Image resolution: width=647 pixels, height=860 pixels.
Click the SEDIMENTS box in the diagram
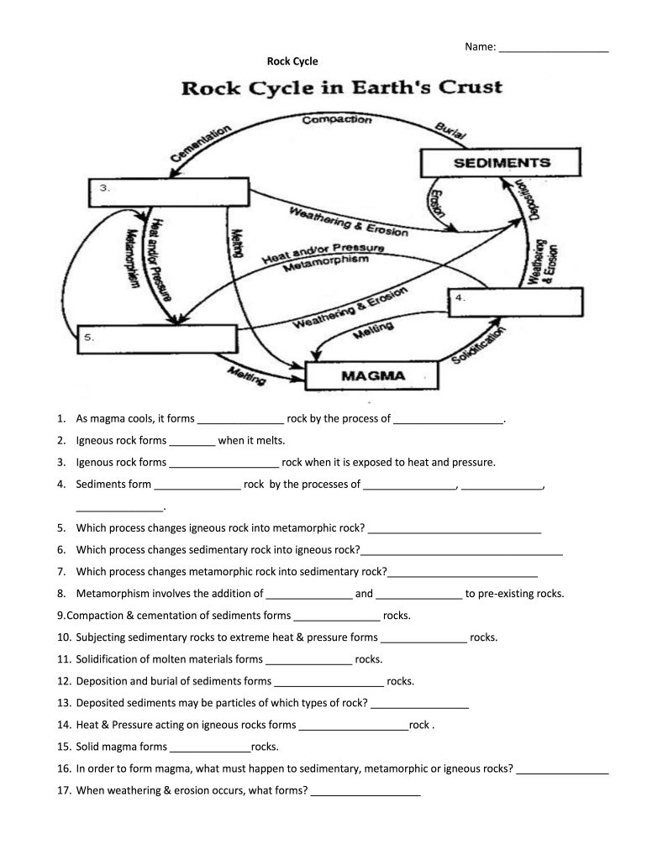(501, 163)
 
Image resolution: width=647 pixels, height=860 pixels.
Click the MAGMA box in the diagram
(372, 375)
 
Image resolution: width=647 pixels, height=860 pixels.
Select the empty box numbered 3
(169, 191)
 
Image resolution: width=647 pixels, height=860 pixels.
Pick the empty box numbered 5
(157, 338)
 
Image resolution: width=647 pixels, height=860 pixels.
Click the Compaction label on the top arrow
(336, 120)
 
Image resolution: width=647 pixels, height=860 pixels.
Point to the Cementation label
(201, 144)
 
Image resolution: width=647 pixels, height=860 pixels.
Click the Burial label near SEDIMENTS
(452, 130)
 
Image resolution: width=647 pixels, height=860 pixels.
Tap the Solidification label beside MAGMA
(480, 346)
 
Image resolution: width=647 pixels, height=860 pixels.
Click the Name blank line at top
(553, 47)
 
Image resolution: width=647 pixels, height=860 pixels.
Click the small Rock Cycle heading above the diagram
(292, 60)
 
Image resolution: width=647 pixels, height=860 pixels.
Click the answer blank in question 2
(192, 440)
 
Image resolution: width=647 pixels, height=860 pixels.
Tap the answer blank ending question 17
(365, 790)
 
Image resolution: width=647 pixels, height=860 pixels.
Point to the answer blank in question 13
(418, 703)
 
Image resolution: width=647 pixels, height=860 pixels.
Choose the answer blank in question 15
(209, 747)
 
